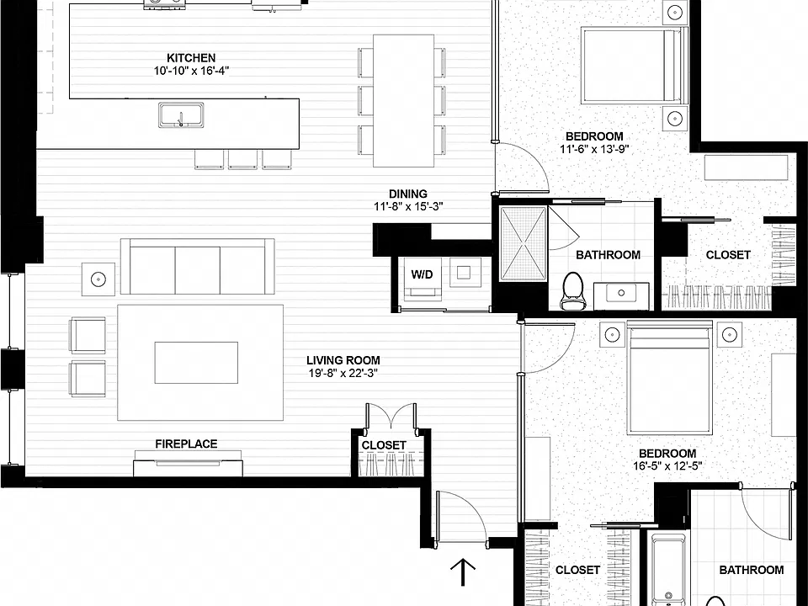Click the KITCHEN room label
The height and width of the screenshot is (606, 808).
click(191, 58)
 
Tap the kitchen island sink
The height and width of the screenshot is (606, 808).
click(181, 114)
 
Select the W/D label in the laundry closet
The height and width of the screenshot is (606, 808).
click(422, 274)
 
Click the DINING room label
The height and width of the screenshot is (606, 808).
click(408, 194)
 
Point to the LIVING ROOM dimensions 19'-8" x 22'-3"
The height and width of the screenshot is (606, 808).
click(343, 373)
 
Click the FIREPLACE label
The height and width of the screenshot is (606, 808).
click(187, 444)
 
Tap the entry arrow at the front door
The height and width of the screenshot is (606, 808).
click(463, 572)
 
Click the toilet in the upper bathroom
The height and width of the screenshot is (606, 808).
click(572, 291)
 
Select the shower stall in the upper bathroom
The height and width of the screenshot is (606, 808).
click(523, 244)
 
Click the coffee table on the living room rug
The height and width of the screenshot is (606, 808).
click(196, 363)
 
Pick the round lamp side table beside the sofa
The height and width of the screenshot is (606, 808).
click(98, 279)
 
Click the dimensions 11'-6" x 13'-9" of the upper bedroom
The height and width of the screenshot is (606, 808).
click(595, 150)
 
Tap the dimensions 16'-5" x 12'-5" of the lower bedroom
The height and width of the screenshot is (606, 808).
click(667, 466)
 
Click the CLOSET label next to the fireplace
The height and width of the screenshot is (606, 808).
click(384, 445)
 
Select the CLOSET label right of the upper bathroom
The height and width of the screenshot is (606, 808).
click(728, 254)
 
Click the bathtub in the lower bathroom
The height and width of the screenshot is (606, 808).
click(668, 571)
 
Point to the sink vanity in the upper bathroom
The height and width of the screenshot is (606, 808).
click(621, 296)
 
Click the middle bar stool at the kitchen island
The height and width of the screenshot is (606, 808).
click(242, 159)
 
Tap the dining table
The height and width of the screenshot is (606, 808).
click(403, 101)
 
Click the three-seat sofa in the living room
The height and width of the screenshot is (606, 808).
click(197, 267)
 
